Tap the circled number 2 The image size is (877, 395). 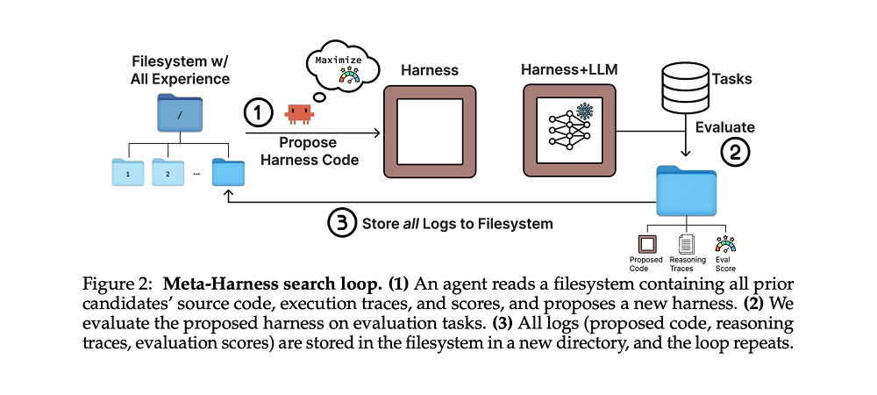735,150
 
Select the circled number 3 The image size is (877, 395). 339,223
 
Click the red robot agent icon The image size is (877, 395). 299,113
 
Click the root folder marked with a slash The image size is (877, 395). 179,115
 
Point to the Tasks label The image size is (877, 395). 731,79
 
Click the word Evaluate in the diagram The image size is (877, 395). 725,126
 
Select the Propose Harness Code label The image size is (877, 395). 313,151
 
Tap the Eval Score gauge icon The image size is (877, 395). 725,243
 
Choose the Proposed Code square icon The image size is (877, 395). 645,243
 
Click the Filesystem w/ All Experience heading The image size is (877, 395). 180,69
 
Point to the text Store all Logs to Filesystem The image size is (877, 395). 457,223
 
